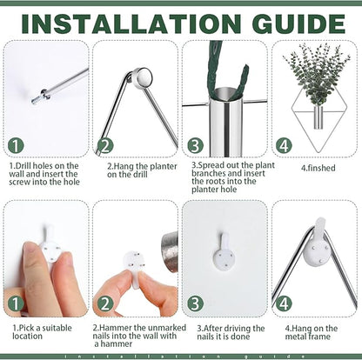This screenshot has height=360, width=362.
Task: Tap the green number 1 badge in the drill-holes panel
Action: (x=16, y=146)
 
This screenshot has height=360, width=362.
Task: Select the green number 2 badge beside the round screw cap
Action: (x=105, y=146)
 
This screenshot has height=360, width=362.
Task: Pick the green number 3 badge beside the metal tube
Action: (x=195, y=146)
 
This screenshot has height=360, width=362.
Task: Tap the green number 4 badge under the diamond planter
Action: (x=284, y=146)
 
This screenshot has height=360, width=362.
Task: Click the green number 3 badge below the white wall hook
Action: (x=195, y=303)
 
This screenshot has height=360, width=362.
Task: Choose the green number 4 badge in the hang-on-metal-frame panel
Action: (x=284, y=303)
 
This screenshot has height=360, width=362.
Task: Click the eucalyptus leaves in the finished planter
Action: (x=316, y=72)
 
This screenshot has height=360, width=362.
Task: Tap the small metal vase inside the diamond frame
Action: (x=318, y=117)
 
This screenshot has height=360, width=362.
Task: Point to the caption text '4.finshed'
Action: (x=318, y=168)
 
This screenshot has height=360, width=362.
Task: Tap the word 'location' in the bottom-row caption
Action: (x=27, y=337)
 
